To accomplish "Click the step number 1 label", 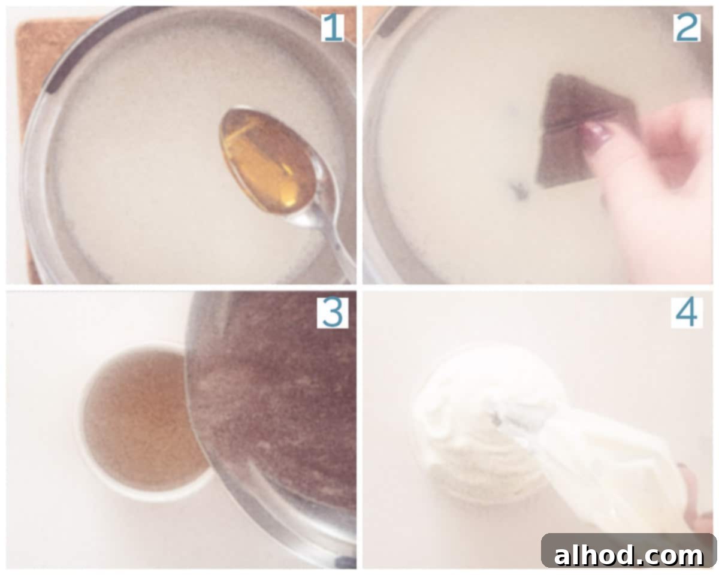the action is (x=333, y=28).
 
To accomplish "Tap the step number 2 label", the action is (x=687, y=28).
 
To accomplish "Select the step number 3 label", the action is (x=333, y=313).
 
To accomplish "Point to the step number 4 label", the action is (x=687, y=313).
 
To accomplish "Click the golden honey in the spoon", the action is (x=267, y=161).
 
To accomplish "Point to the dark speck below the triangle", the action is (x=520, y=190).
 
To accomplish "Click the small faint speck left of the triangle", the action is (x=513, y=110).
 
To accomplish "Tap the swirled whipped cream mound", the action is (x=485, y=424).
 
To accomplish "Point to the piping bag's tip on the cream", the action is (x=498, y=417).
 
